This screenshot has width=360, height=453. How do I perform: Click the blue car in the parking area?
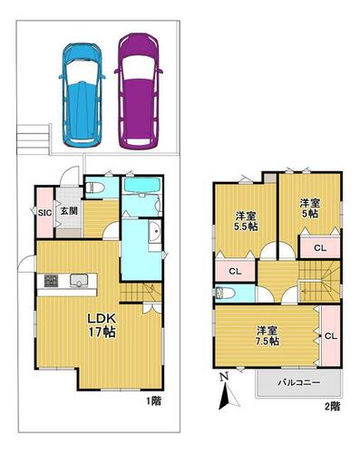pos(82,95)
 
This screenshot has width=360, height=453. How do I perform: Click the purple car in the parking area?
pos(139,92)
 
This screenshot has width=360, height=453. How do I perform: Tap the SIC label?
pos(45,212)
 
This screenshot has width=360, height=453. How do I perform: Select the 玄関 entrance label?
pos(69,211)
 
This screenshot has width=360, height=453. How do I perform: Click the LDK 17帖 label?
pos(102,325)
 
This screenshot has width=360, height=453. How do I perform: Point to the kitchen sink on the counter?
pos(79,280)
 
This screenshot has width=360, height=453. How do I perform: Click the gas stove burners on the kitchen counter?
pos(51,281)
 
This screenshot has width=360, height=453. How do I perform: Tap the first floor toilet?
pos(94,188)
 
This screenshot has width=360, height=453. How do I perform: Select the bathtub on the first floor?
pos(141,185)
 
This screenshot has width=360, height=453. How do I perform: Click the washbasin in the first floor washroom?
pos(155,231)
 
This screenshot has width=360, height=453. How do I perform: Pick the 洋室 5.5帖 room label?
pos(247,221)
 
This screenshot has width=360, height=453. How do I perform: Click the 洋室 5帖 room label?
pos(309,207)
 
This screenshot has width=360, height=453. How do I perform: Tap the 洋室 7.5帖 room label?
pos(268,335)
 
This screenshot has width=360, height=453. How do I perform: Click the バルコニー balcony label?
pos(298,382)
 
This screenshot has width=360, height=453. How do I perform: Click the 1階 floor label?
pos(153,401)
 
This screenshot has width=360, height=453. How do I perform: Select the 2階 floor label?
pos(332,406)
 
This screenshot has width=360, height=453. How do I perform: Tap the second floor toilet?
pos(225,294)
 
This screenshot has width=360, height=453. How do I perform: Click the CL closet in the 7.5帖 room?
pos(331,336)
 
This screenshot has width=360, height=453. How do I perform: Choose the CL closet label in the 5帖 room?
pos(320,248)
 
